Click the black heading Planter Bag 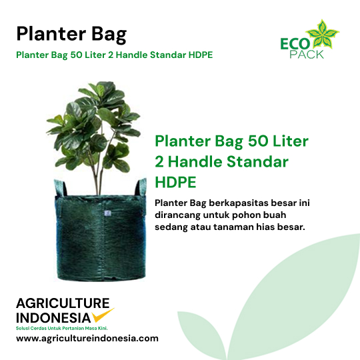[x=71, y=35]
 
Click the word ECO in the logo [x=295, y=44]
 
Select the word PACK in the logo [x=307, y=55]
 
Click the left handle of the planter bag [x=60, y=187]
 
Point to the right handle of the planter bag [x=141, y=187]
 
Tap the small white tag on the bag [x=107, y=213]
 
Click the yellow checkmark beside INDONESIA [x=103, y=315]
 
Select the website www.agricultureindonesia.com [x=87, y=339]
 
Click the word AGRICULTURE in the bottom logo [x=63, y=303]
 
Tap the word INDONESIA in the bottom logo [x=53, y=318]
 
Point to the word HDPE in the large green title [x=175, y=182]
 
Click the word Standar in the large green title [x=257, y=161]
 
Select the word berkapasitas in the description [x=239, y=203]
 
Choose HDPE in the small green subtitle [x=201, y=55]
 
